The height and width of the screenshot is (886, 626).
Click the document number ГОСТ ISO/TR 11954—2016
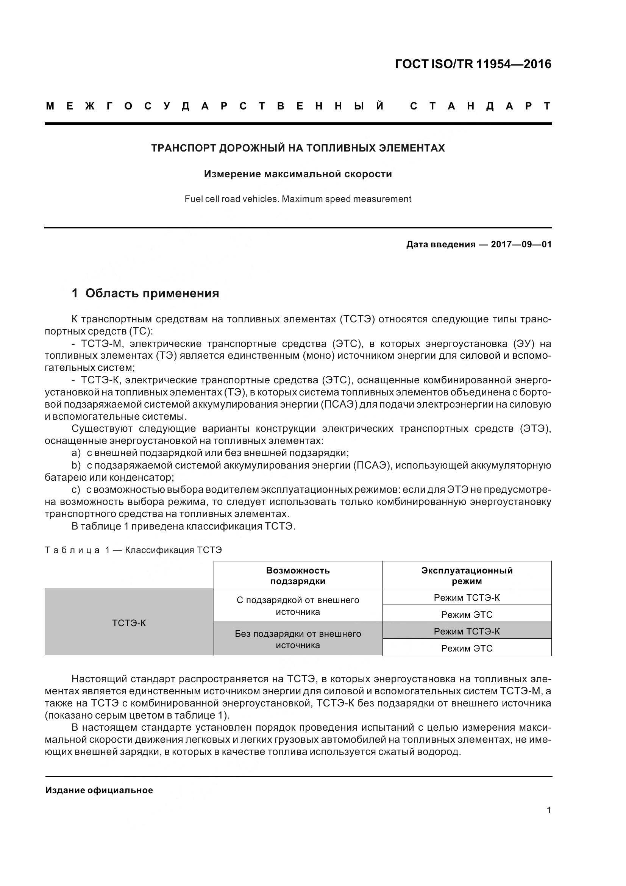(473, 64)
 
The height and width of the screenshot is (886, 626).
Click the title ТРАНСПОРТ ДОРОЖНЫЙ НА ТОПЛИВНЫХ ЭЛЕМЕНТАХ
(298, 148)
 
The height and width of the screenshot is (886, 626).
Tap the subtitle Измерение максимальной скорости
(298, 174)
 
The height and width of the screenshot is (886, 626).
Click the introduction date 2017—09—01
(521, 245)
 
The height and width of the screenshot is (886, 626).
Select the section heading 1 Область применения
(145, 293)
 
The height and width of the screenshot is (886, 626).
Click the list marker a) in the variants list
(76, 453)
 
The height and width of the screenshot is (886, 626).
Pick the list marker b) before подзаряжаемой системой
(76, 466)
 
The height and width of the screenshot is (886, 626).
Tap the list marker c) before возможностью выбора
(76, 490)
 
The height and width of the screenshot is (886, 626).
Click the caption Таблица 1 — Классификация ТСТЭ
(133, 550)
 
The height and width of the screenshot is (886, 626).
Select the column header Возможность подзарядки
(298, 576)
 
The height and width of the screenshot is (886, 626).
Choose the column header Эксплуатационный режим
(467, 576)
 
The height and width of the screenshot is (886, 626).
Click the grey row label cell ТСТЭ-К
(129, 623)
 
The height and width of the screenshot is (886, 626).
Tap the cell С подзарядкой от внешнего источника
(298, 606)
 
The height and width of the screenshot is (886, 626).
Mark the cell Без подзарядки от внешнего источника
(298, 639)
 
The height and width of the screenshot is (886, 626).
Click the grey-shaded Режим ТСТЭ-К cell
(467, 631)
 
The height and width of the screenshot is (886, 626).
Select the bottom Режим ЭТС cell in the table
(467, 648)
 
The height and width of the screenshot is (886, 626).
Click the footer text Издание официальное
(99, 790)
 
